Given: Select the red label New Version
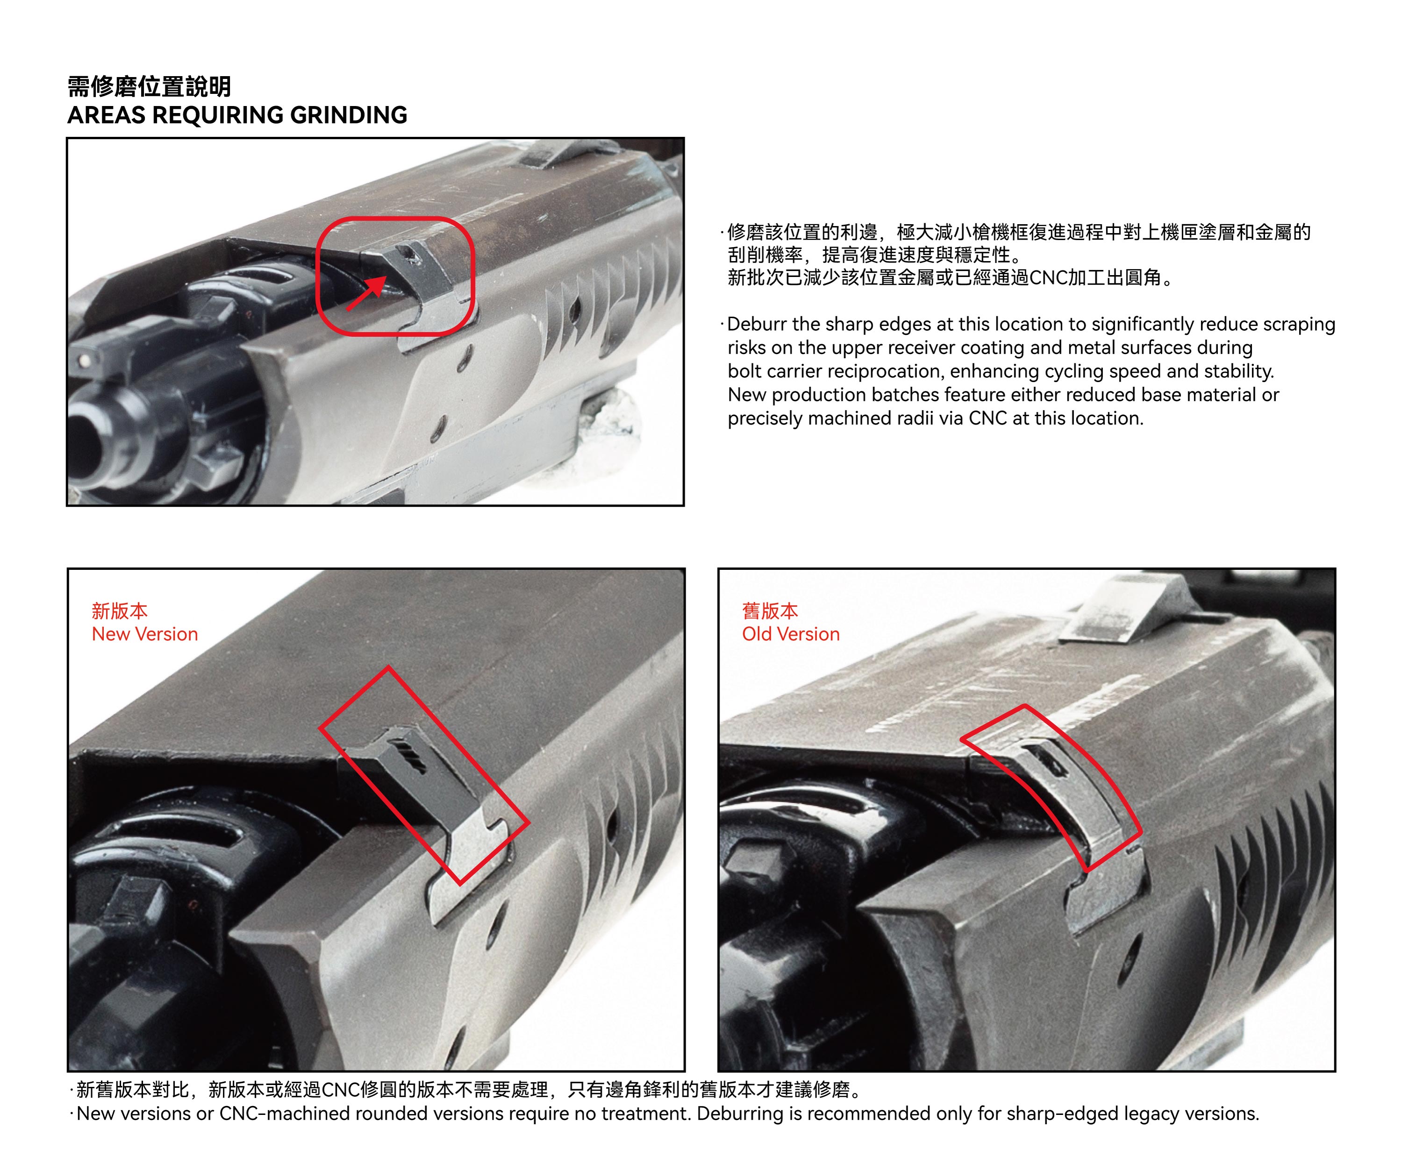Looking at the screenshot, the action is click(145, 634).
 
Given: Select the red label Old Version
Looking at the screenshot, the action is click(791, 634).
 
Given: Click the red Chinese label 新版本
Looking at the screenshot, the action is click(120, 610).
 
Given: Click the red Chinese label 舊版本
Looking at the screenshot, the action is click(770, 610).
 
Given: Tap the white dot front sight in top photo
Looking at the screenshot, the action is click(85, 361).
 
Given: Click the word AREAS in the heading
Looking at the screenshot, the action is click(106, 115).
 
